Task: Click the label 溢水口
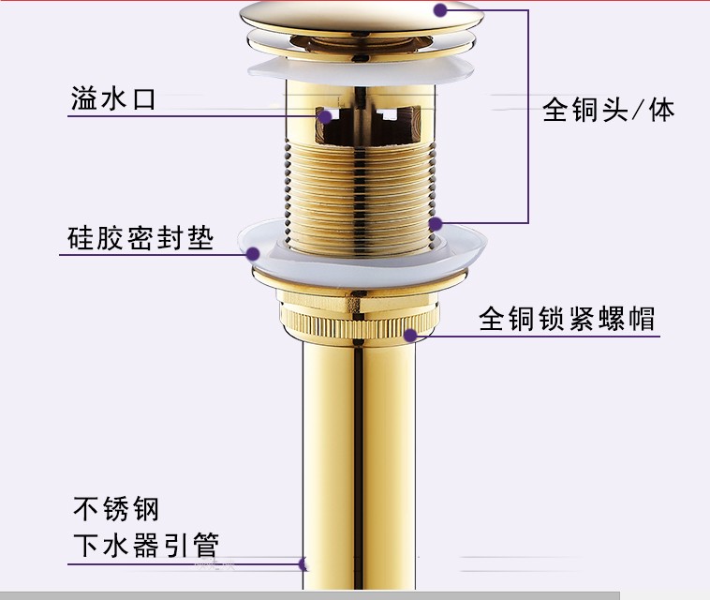(112, 98)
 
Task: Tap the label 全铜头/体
(608, 111)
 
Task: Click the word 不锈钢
(116, 510)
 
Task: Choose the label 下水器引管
(145, 546)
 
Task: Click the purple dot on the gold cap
(439, 10)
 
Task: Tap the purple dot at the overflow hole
(323, 117)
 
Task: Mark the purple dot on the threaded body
(435, 224)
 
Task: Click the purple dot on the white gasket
(253, 252)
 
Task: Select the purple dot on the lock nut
(408, 334)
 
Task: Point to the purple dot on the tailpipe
(302, 564)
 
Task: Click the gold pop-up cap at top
(361, 17)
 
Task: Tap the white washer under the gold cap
(361, 67)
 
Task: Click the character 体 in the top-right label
(661, 111)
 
